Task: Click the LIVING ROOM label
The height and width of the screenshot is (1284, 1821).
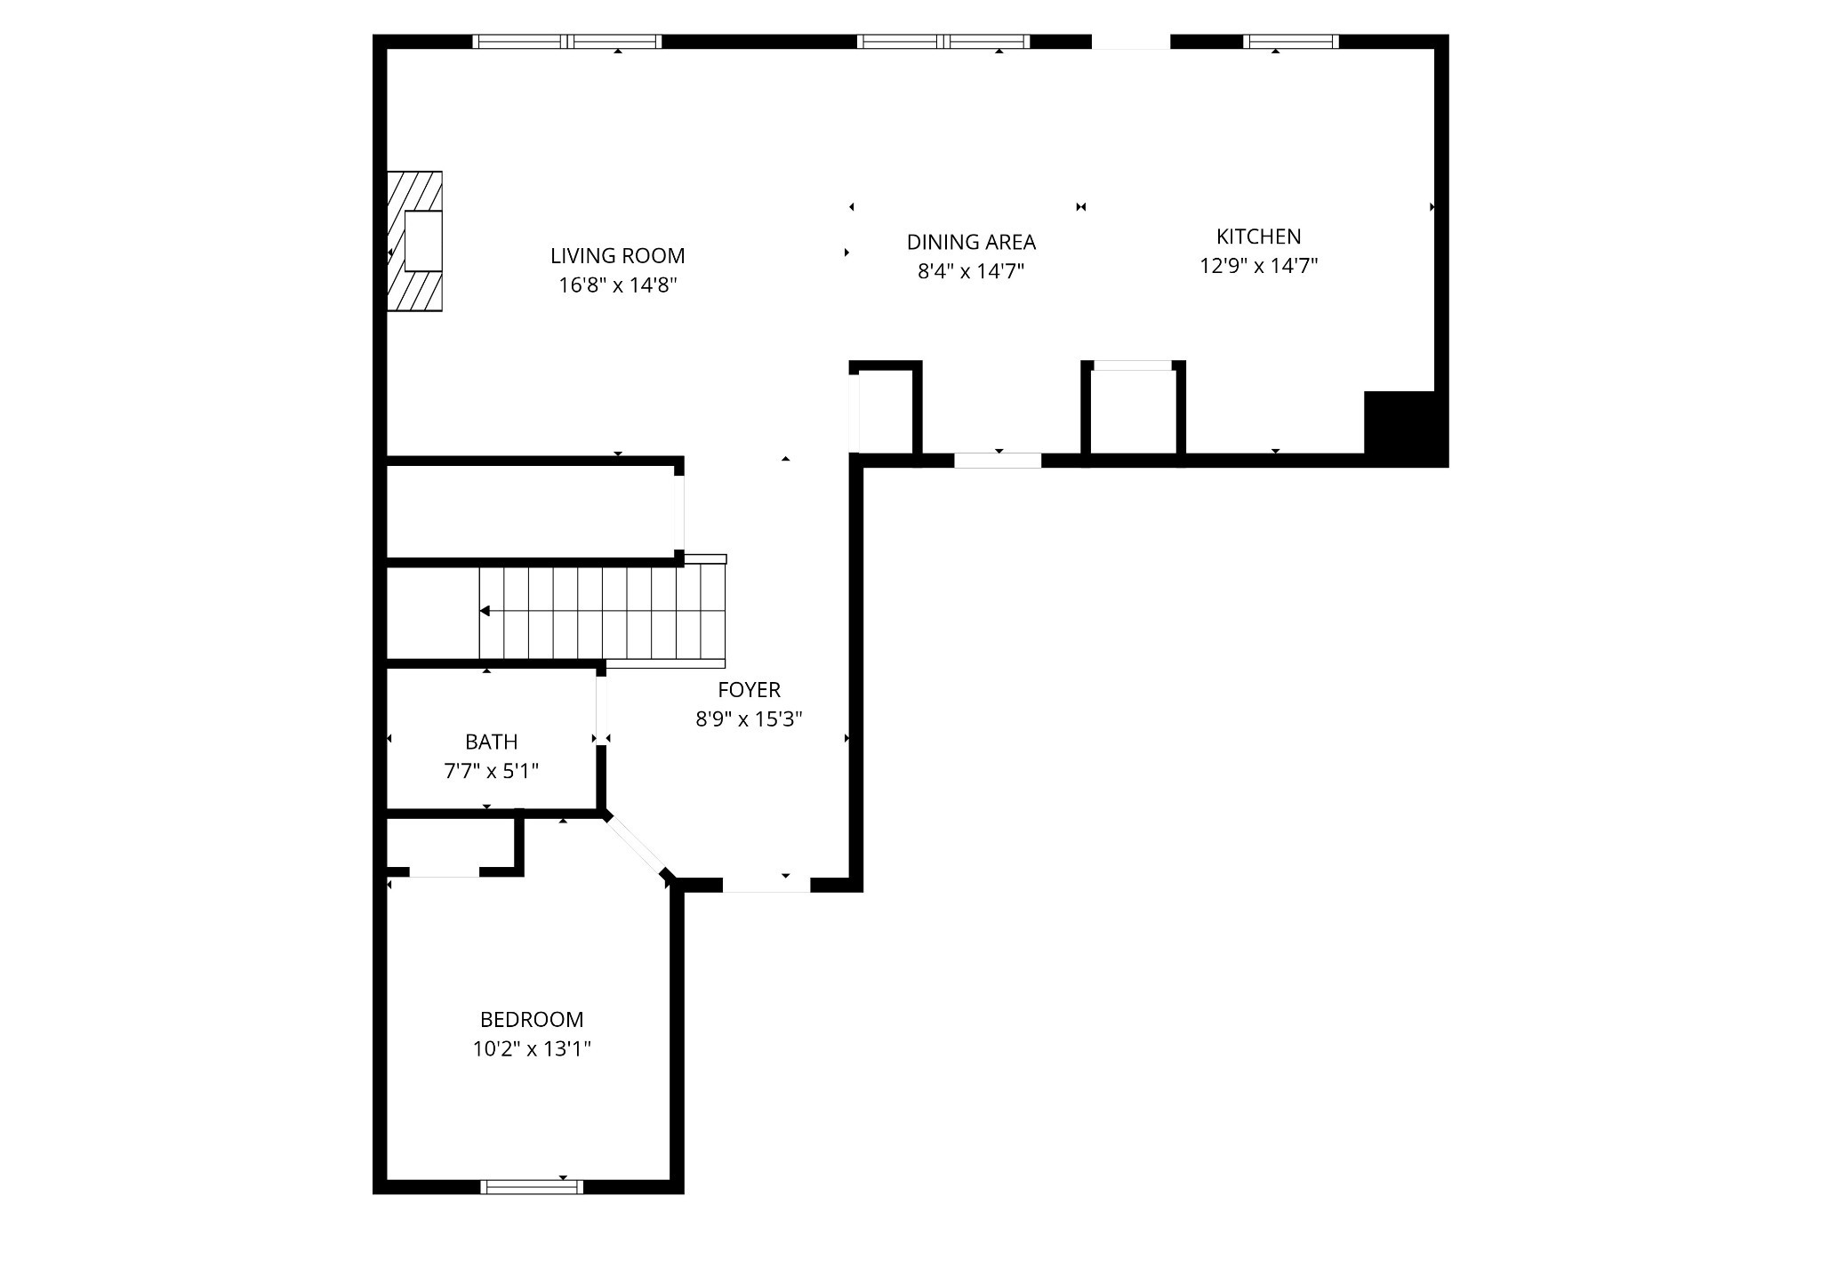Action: click(x=617, y=256)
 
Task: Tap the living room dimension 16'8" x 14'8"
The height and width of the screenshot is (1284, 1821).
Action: click(x=617, y=285)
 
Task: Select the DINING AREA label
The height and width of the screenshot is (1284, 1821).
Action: click(x=971, y=242)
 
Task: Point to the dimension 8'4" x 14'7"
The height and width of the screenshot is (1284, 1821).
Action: click(x=971, y=271)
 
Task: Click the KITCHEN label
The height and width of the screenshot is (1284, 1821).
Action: click(x=1258, y=237)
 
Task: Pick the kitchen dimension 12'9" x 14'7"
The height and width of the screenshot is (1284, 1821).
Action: click(x=1258, y=266)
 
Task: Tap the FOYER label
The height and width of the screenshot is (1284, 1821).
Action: click(x=749, y=689)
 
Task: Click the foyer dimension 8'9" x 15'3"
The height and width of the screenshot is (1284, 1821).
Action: click(x=749, y=718)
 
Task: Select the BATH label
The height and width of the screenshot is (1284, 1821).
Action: click(x=491, y=742)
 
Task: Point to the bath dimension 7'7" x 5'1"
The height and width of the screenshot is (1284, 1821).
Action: click(x=491, y=771)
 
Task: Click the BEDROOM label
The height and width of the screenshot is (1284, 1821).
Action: click(x=532, y=1019)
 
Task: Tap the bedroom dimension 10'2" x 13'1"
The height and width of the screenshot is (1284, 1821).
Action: click(x=532, y=1049)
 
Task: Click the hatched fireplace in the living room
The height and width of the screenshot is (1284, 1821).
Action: click(x=414, y=241)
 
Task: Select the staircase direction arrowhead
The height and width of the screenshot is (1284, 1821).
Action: click(x=485, y=611)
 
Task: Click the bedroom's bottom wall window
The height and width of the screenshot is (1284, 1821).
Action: click(x=532, y=1186)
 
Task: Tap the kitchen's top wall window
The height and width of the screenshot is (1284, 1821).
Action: click(x=1290, y=41)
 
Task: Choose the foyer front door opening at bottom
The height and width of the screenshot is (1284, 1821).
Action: click(x=766, y=885)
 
